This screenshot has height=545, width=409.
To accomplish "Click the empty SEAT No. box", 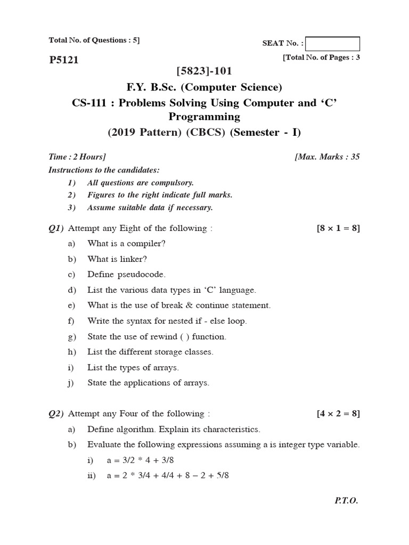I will (x=333, y=44).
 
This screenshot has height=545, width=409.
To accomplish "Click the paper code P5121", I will (x=63, y=60).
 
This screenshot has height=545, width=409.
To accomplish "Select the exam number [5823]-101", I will (x=204, y=71).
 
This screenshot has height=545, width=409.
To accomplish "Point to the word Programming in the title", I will (x=204, y=117).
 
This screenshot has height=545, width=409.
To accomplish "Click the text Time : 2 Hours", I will (x=77, y=156).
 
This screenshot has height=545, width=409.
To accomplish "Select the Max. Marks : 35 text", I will (x=327, y=156).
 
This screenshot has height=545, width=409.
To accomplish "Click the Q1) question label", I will (x=56, y=228).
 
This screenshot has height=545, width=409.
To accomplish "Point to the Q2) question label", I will (x=56, y=414).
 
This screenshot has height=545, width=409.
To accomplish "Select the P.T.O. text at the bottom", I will (x=346, y=501).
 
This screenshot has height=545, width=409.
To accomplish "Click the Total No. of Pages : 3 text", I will (x=321, y=57).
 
